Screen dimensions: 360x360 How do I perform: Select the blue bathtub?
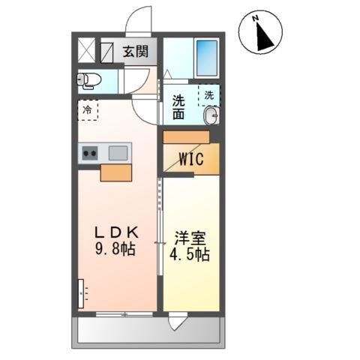[206, 56]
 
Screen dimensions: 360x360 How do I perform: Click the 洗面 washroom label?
[178, 108]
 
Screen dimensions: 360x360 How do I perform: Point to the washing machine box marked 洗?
[209, 95]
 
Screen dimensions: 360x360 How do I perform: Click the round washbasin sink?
[211, 115]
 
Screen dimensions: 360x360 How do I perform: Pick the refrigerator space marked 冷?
[88, 110]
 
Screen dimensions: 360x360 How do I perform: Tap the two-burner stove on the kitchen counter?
[90, 154]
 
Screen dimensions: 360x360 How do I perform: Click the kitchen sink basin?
[118, 153]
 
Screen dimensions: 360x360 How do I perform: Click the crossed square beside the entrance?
[88, 52]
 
